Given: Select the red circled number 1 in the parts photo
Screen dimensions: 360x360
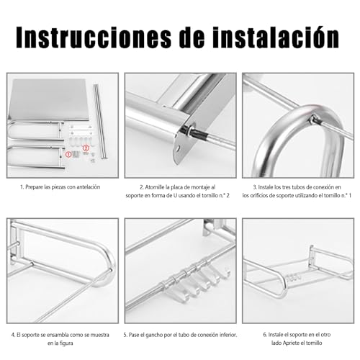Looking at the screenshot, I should (70, 154).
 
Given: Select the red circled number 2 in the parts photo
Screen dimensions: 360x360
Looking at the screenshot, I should (86, 148).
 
